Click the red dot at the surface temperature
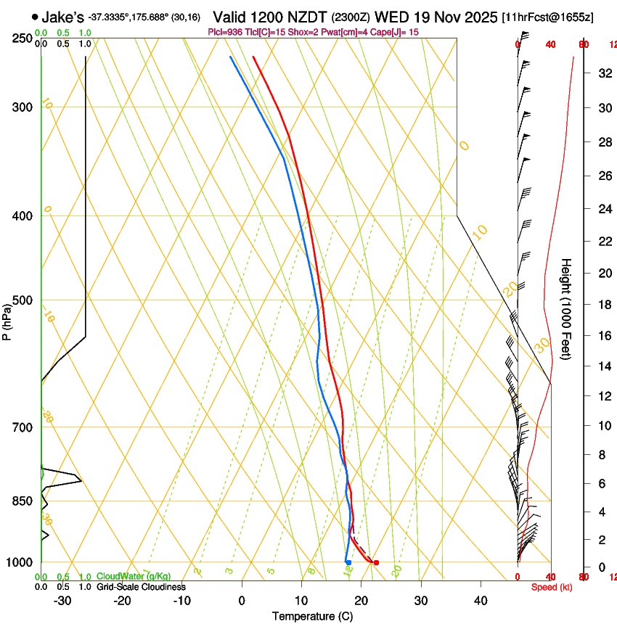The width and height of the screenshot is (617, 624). tap(376, 562)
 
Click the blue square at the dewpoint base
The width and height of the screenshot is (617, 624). tap(348, 562)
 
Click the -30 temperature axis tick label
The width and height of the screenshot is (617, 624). tap(62, 600)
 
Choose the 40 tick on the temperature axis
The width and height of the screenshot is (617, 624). tap(480, 600)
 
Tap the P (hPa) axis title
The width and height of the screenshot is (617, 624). tap(7, 319)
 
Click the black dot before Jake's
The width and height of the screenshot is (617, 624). tap(34, 16)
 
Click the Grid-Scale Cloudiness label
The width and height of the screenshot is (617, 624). tap(141, 586)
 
